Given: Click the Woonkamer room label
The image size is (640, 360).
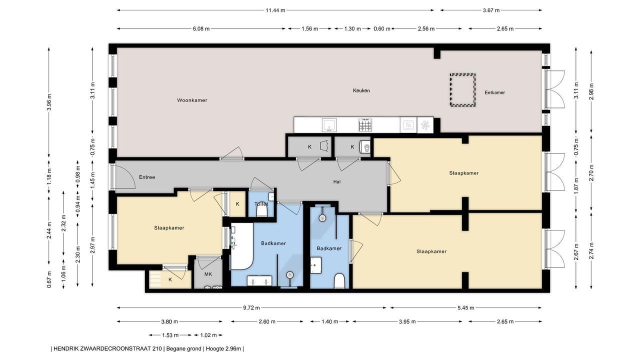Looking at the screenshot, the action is click(192, 100).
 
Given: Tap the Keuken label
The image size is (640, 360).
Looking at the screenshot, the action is click(361, 90).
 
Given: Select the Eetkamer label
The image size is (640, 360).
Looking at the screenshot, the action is click(495, 92).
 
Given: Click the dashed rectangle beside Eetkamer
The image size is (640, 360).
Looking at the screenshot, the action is click(463, 90).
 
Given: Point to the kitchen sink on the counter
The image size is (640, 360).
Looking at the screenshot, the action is click(329, 125).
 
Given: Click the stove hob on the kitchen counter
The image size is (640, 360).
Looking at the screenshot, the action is click(365, 125).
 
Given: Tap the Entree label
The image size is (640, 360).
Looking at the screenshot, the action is click(147, 177).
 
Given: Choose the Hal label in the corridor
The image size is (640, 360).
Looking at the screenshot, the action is click(337, 181).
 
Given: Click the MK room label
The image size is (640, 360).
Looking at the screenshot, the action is click(208, 274).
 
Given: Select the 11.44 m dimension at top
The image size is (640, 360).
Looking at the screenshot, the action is click(275, 10).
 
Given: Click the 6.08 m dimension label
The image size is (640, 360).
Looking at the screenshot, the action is click(201, 29).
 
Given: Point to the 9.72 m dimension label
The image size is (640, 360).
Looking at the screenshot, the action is click(251, 307).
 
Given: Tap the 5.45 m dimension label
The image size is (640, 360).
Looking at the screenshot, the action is click(465, 307).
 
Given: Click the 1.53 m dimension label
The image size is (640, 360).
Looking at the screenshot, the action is click(170, 335).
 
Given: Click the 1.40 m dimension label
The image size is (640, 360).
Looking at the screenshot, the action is click(329, 321).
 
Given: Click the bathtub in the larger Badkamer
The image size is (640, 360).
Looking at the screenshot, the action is click(241, 246).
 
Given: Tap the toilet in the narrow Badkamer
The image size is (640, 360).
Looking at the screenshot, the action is click(339, 280).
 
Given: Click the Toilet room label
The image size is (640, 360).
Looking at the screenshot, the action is click(261, 204).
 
